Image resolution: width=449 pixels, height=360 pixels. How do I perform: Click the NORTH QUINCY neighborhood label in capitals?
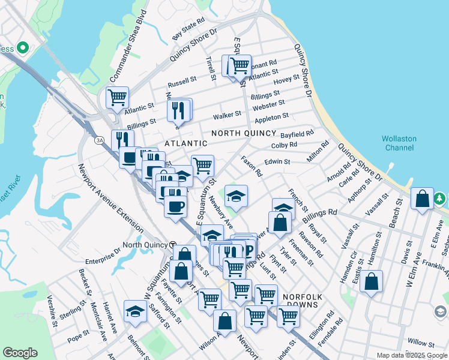[244, 133]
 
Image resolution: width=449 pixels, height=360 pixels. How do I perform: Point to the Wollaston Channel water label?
[399, 143]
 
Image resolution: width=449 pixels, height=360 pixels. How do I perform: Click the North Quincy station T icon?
[172, 245]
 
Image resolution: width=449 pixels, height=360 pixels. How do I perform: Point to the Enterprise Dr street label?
[103, 257]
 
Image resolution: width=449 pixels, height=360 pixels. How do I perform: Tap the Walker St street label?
[228, 113]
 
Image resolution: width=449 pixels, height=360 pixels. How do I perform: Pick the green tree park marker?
[440, 198]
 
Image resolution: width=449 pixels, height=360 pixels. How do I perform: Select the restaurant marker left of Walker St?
[179, 110]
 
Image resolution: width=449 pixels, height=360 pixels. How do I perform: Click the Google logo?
[20, 353]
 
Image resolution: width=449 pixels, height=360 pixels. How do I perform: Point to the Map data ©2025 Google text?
[412, 355]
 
